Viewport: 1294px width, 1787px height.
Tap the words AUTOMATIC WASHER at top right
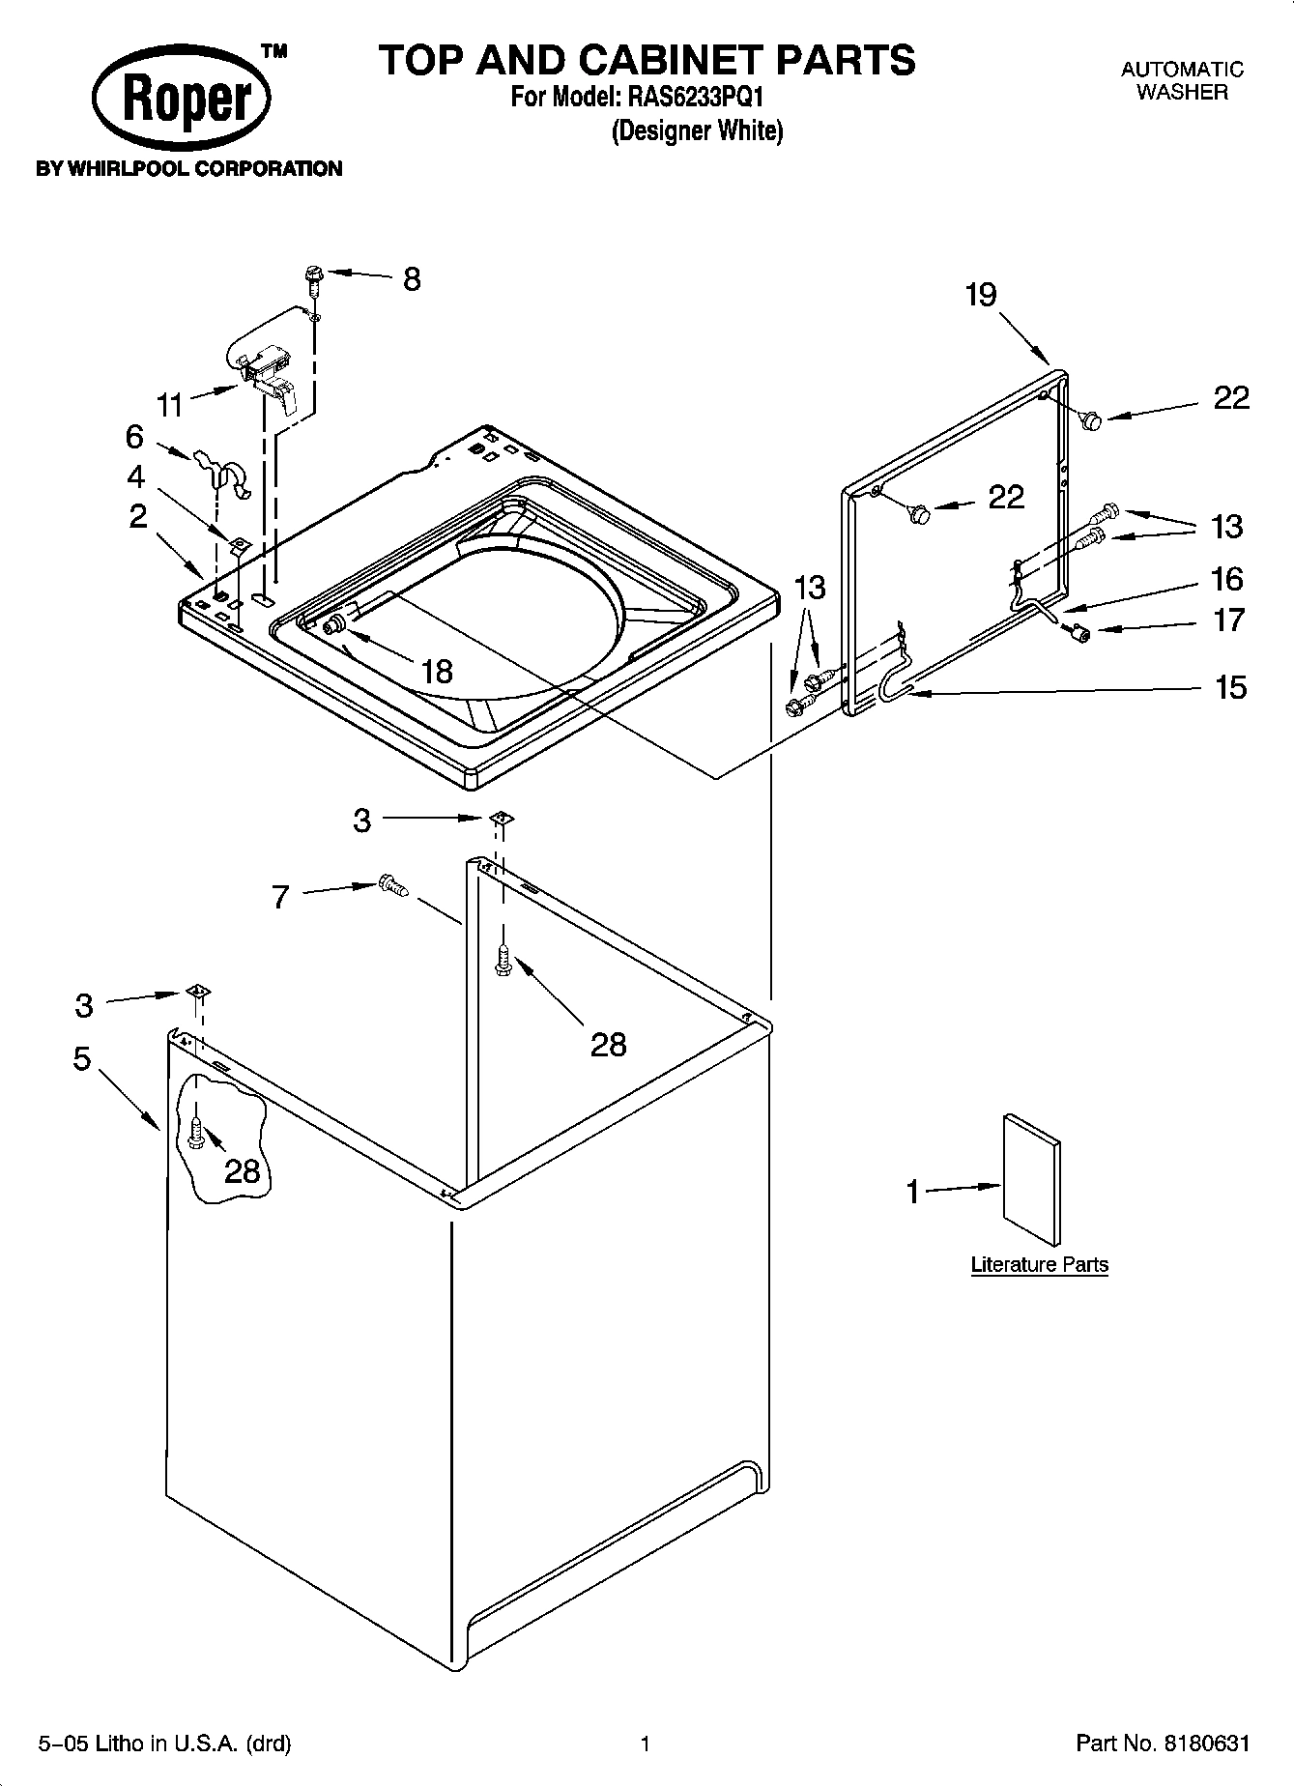pos(1181,81)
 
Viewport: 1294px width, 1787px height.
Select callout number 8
pos(412,280)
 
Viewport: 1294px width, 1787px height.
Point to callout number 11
pos(170,404)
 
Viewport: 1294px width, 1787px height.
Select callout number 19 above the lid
pos(980,295)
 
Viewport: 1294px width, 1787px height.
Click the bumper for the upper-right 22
pos(1092,420)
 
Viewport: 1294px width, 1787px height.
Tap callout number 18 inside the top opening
pos(437,671)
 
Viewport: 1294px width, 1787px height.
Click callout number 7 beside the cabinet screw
pos(280,898)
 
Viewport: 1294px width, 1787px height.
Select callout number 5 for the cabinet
pos(82,1058)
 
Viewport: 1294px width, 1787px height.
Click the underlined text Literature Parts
pos(1039,1264)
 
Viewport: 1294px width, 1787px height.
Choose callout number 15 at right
pos(1230,688)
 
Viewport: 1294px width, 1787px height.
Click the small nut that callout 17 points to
pos(1080,633)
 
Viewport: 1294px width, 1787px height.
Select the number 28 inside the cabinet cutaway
pos(243,1170)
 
